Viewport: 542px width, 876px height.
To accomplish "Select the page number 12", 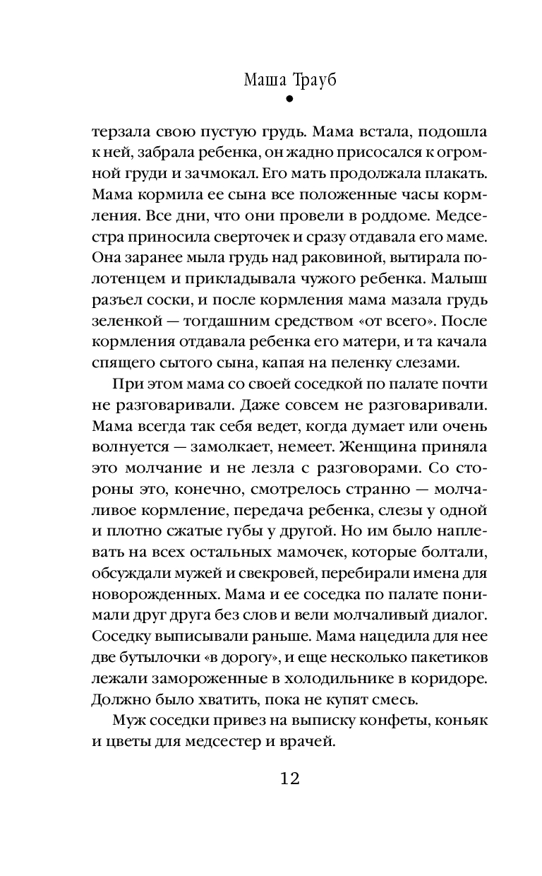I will pyautogui.click(x=289, y=779).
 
